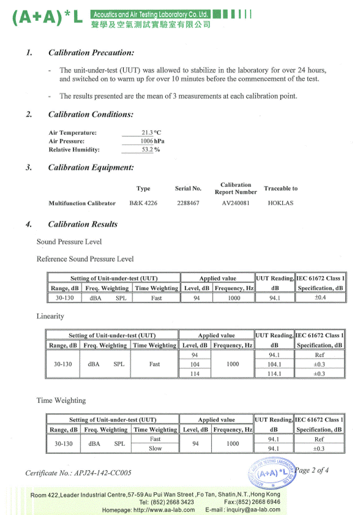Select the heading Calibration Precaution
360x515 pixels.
91,53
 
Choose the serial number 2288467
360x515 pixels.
189,203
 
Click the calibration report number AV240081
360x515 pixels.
236,203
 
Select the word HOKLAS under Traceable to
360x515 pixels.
281,203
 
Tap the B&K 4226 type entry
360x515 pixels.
143,203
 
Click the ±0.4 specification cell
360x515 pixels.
320,298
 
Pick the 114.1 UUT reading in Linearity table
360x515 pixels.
274,374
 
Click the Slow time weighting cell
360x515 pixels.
156,448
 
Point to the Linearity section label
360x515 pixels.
50,317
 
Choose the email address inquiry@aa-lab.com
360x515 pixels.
252,509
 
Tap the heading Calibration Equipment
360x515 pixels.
91,167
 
